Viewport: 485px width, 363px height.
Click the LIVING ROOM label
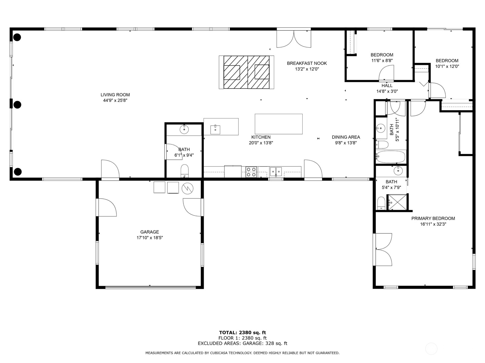[x=115, y=95]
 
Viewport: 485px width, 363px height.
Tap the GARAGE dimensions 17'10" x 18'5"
[x=150, y=238]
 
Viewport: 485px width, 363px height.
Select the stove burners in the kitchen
[x=251, y=172]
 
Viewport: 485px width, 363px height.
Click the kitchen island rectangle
[x=278, y=124]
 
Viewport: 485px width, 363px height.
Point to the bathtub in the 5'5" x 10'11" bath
[x=391, y=157]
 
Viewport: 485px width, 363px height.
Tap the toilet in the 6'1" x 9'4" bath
[x=184, y=171]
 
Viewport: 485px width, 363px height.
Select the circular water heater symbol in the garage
[x=187, y=188]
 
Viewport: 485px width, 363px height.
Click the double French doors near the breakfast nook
[x=294, y=39]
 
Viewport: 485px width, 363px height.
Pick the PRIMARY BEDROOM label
[x=433, y=219]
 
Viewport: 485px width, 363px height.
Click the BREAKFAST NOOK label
[x=307, y=63]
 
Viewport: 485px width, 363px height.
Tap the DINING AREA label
[x=345, y=137]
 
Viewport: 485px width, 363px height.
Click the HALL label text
[x=387, y=86]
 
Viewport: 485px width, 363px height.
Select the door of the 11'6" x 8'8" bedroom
[x=386, y=74]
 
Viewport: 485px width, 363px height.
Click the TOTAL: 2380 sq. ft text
[x=242, y=332]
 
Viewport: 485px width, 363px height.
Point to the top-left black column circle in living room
[x=17, y=38]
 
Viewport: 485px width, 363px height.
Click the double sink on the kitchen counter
[x=276, y=171]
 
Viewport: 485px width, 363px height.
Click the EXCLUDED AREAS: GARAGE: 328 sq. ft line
[x=242, y=343]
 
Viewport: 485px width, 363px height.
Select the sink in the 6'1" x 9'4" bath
[x=184, y=129]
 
